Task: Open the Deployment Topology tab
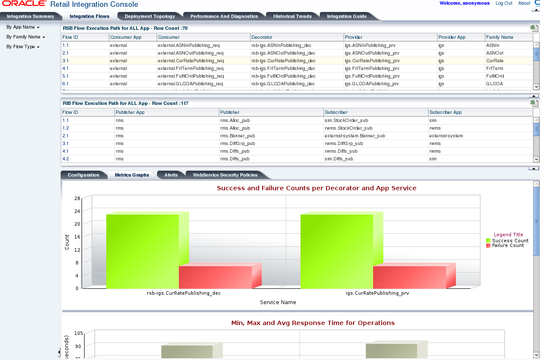(150, 16)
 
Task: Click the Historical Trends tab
(292, 16)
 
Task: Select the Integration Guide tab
(347, 16)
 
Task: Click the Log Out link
(504, 3)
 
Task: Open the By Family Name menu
(26, 37)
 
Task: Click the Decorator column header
(262, 37)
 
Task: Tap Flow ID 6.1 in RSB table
(66, 84)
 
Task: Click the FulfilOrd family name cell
(495, 76)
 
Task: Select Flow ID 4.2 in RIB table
(66, 159)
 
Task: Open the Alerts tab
(171, 175)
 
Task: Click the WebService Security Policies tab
(225, 175)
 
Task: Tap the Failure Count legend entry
(508, 245)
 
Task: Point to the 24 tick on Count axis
(77, 211)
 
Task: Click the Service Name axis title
(278, 302)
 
